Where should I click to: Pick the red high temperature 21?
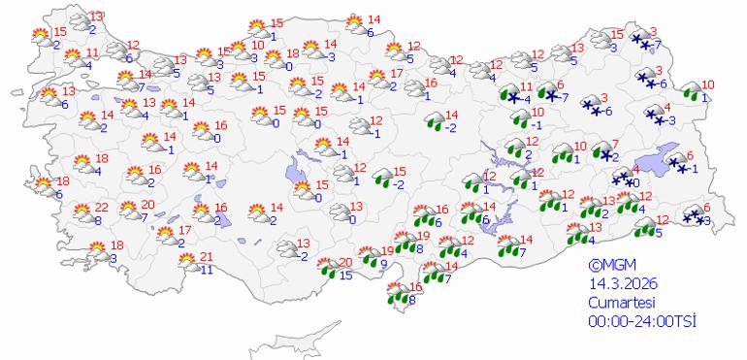click(205, 256)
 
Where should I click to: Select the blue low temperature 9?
click(384, 263)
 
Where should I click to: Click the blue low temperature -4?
click(527, 100)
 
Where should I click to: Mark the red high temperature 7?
click(614, 145)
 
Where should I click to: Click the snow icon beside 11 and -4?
click(508, 95)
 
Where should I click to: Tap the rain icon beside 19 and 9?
click(368, 257)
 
